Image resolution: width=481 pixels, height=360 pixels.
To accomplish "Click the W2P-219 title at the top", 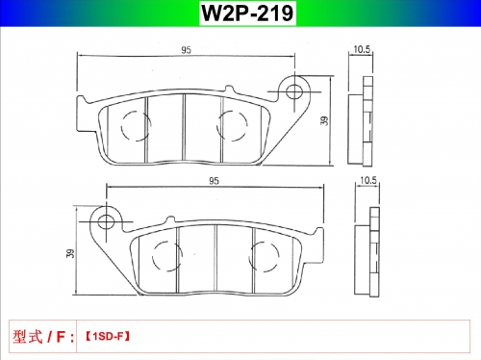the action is pyautogui.click(x=247, y=13).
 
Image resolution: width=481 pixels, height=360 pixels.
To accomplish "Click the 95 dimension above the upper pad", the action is pyautogui.click(x=186, y=50).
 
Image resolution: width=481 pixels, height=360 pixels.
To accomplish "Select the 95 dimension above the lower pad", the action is pyautogui.click(x=214, y=181).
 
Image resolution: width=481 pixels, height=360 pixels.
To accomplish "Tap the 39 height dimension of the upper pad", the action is pyautogui.click(x=324, y=120).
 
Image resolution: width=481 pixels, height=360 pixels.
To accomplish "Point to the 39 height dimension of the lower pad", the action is pyautogui.click(x=70, y=253).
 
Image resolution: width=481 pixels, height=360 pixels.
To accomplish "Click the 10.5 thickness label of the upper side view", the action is pyautogui.click(x=362, y=49).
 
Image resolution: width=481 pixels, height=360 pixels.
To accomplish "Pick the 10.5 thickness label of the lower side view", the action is pyautogui.click(x=368, y=180).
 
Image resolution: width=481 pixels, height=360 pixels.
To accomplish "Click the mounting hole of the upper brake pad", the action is pyautogui.click(x=294, y=92).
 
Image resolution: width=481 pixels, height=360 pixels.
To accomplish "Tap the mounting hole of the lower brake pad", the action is pyautogui.click(x=106, y=221).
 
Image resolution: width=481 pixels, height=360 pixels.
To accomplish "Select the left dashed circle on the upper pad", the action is pyautogui.click(x=121, y=126).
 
